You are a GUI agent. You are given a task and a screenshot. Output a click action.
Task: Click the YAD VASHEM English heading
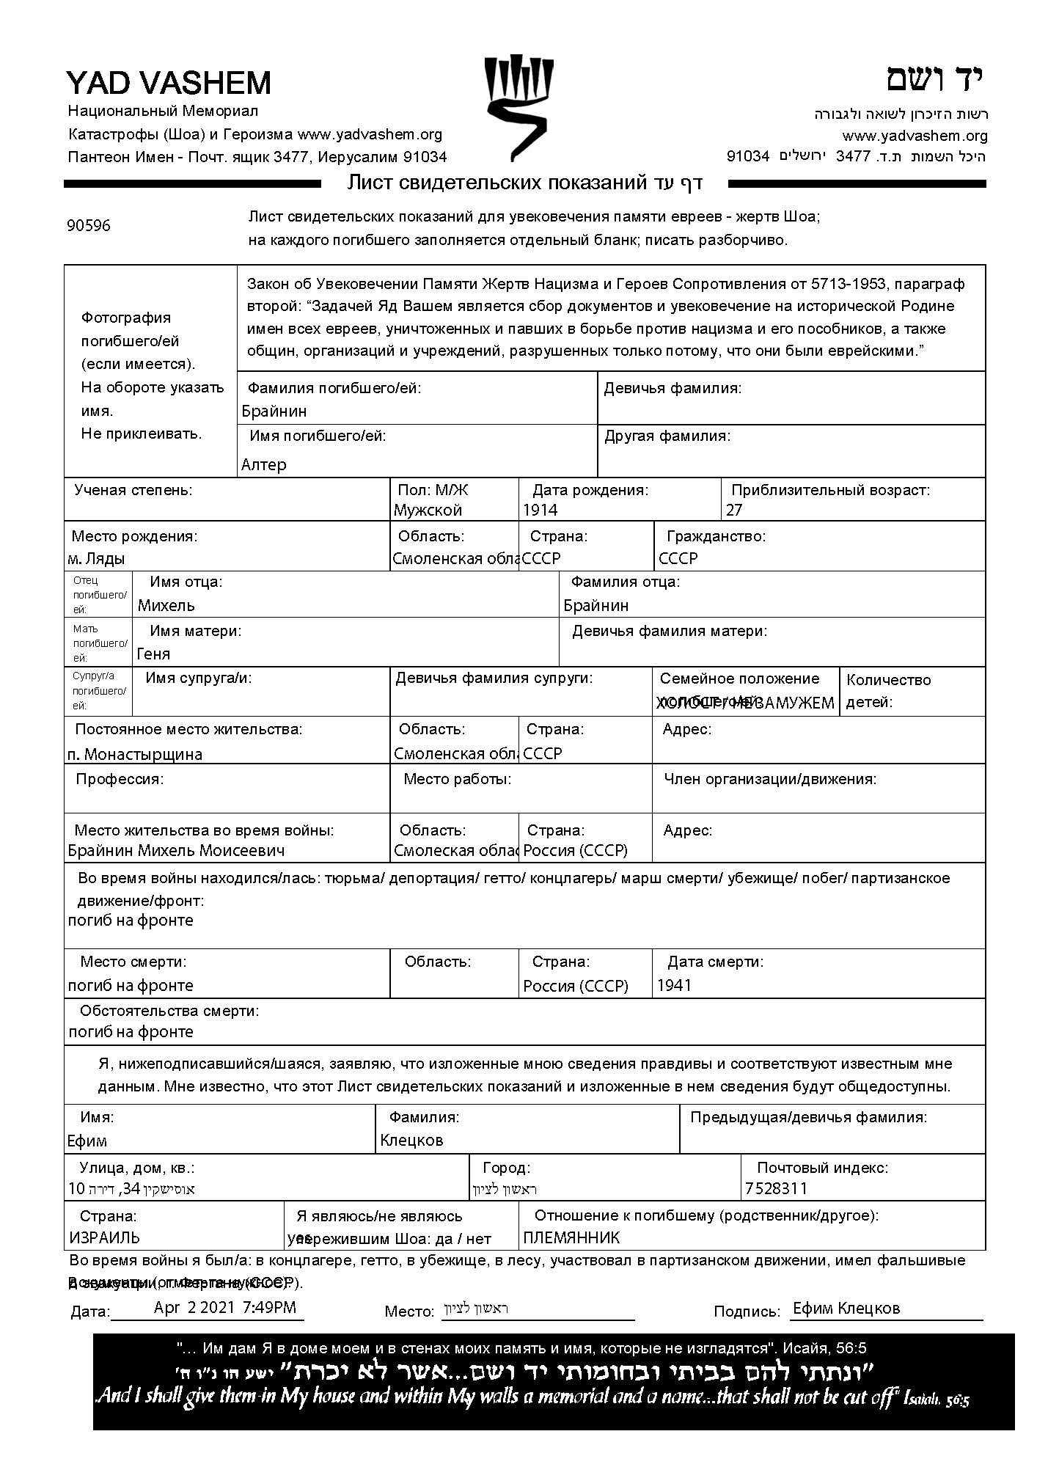pos(169,83)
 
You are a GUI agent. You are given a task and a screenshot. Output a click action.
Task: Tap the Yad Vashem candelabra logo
pos(518,107)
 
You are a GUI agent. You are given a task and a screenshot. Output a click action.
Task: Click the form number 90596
pos(89,226)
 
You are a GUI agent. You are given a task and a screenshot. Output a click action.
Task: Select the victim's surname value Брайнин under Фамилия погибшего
pos(274,411)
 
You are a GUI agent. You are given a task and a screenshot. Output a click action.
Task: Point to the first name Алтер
pos(264,465)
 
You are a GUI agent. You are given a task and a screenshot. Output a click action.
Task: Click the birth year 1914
pos(541,511)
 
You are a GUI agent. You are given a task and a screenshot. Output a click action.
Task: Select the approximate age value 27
pos(734,511)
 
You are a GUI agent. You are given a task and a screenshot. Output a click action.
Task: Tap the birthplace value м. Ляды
pos(96,559)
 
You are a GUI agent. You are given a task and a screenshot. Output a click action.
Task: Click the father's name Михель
pos(166,606)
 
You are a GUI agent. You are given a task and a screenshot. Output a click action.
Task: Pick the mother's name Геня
pos(153,654)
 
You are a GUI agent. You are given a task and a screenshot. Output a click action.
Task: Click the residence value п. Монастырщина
pos(135,754)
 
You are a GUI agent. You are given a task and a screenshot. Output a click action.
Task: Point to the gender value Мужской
pos(428,511)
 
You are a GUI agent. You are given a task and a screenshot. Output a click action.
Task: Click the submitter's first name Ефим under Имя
pos(87,1141)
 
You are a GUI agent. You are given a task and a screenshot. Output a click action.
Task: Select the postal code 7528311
pos(776,1189)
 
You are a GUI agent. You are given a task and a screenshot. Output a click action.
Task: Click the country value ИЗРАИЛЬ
pos(104,1238)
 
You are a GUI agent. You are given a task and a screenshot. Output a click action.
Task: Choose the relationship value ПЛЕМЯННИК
pos(571,1238)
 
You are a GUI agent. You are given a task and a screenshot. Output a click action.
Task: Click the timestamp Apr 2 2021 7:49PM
pos(225,1307)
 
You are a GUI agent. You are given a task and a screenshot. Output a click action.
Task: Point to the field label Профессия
pos(120,779)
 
